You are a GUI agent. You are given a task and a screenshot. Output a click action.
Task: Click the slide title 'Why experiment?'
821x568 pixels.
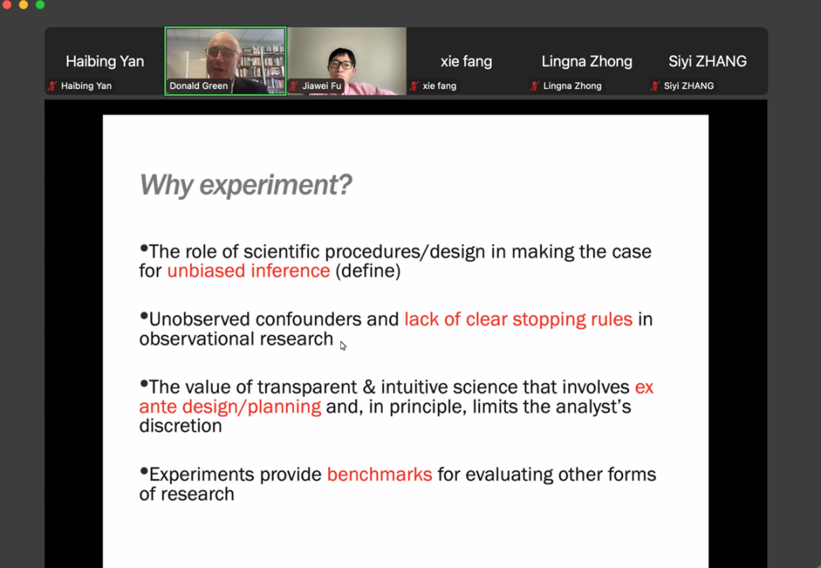coord(246,185)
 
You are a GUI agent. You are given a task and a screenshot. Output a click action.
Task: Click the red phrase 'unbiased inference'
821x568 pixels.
coord(249,271)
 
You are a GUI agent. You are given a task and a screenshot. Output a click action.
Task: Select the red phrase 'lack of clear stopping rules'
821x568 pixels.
coord(519,319)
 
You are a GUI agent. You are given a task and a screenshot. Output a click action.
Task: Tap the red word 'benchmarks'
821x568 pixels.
coord(380,474)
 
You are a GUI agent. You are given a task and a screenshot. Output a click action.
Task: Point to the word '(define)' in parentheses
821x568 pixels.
coord(368,271)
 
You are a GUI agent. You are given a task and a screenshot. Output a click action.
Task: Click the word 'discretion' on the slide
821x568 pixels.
coord(181,426)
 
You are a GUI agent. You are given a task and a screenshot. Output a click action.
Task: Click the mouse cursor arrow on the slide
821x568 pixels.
coord(343,346)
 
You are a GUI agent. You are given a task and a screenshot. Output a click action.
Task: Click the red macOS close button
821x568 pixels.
coord(7,4)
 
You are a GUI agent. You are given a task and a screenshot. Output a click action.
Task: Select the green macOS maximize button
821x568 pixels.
coord(39,4)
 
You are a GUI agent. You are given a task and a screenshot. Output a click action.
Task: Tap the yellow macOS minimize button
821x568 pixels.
coord(23,4)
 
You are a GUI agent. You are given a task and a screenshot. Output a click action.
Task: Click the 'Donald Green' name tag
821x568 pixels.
coord(198,86)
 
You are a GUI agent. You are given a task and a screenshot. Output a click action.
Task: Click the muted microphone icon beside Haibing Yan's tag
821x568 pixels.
coord(52,86)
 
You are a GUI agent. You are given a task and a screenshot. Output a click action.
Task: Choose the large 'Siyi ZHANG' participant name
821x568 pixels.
coord(707,62)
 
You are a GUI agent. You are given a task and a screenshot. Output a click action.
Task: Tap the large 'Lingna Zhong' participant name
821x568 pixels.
coord(587,62)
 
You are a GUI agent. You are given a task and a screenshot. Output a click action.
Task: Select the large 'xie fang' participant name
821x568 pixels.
coord(466,62)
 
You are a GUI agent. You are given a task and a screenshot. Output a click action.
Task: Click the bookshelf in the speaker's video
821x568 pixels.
coord(263,64)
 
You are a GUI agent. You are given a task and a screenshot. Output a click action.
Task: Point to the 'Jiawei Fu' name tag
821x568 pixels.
coord(321,86)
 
